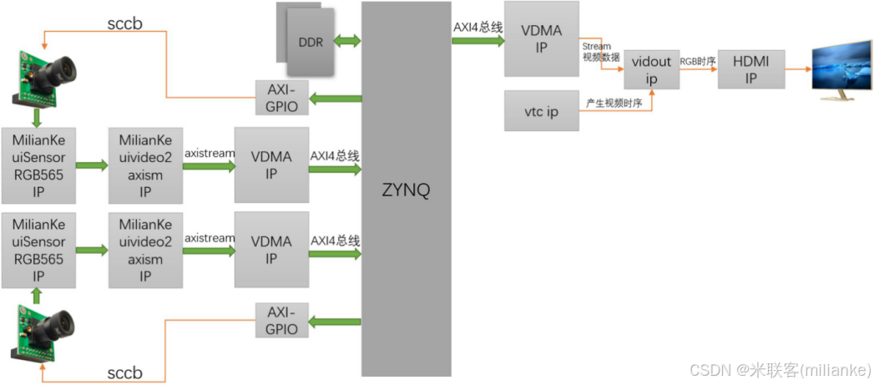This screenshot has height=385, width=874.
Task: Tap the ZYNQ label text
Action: click(x=406, y=190)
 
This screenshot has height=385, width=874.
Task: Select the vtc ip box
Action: click(x=541, y=111)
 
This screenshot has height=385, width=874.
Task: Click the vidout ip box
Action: click(x=651, y=68)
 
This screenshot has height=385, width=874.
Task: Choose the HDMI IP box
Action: click(x=751, y=68)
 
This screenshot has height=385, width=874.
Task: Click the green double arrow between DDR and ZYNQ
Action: click(x=347, y=40)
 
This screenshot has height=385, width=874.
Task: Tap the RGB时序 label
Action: click(x=698, y=61)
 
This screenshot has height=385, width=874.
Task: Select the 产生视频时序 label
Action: click(x=614, y=101)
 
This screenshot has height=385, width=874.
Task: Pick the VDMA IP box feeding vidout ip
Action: click(x=541, y=38)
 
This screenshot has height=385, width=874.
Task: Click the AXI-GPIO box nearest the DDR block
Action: click(x=282, y=98)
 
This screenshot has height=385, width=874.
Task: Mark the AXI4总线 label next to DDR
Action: click(x=477, y=27)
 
